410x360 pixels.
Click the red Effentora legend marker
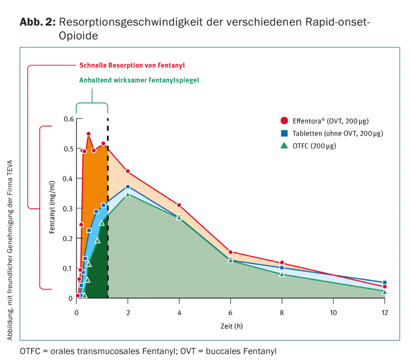click(x=284, y=121)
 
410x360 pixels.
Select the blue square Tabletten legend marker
click(x=284, y=133)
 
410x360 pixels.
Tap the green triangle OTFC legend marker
click(x=284, y=146)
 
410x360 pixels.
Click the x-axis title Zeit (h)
click(x=231, y=326)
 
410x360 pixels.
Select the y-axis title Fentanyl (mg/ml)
click(x=52, y=211)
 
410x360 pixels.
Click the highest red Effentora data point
click(x=89, y=134)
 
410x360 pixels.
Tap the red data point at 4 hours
click(x=179, y=205)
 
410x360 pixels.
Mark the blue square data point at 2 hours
click(x=128, y=187)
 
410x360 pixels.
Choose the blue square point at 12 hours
click(x=385, y=283)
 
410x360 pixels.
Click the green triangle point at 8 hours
click(x=282, y=274)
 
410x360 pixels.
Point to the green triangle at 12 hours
click(x=385, y=292)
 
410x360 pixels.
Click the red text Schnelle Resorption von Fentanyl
click(x=132, y=66)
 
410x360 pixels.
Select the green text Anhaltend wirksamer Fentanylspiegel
click(x=139, y=80)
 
